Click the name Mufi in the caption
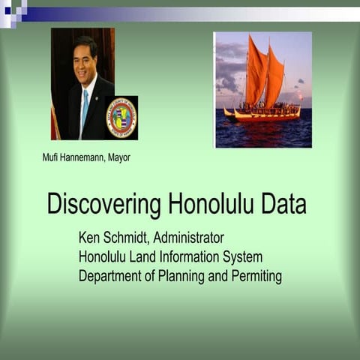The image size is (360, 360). coord(52,157)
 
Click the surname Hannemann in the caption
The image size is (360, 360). coord(84,157)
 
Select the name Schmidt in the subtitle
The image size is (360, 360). coord(133,238)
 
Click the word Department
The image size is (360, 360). coord(109,277)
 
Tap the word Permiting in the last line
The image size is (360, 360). coord(256,277)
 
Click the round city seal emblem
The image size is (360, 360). coord(121,118)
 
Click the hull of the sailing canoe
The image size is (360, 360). coord(266,115)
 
